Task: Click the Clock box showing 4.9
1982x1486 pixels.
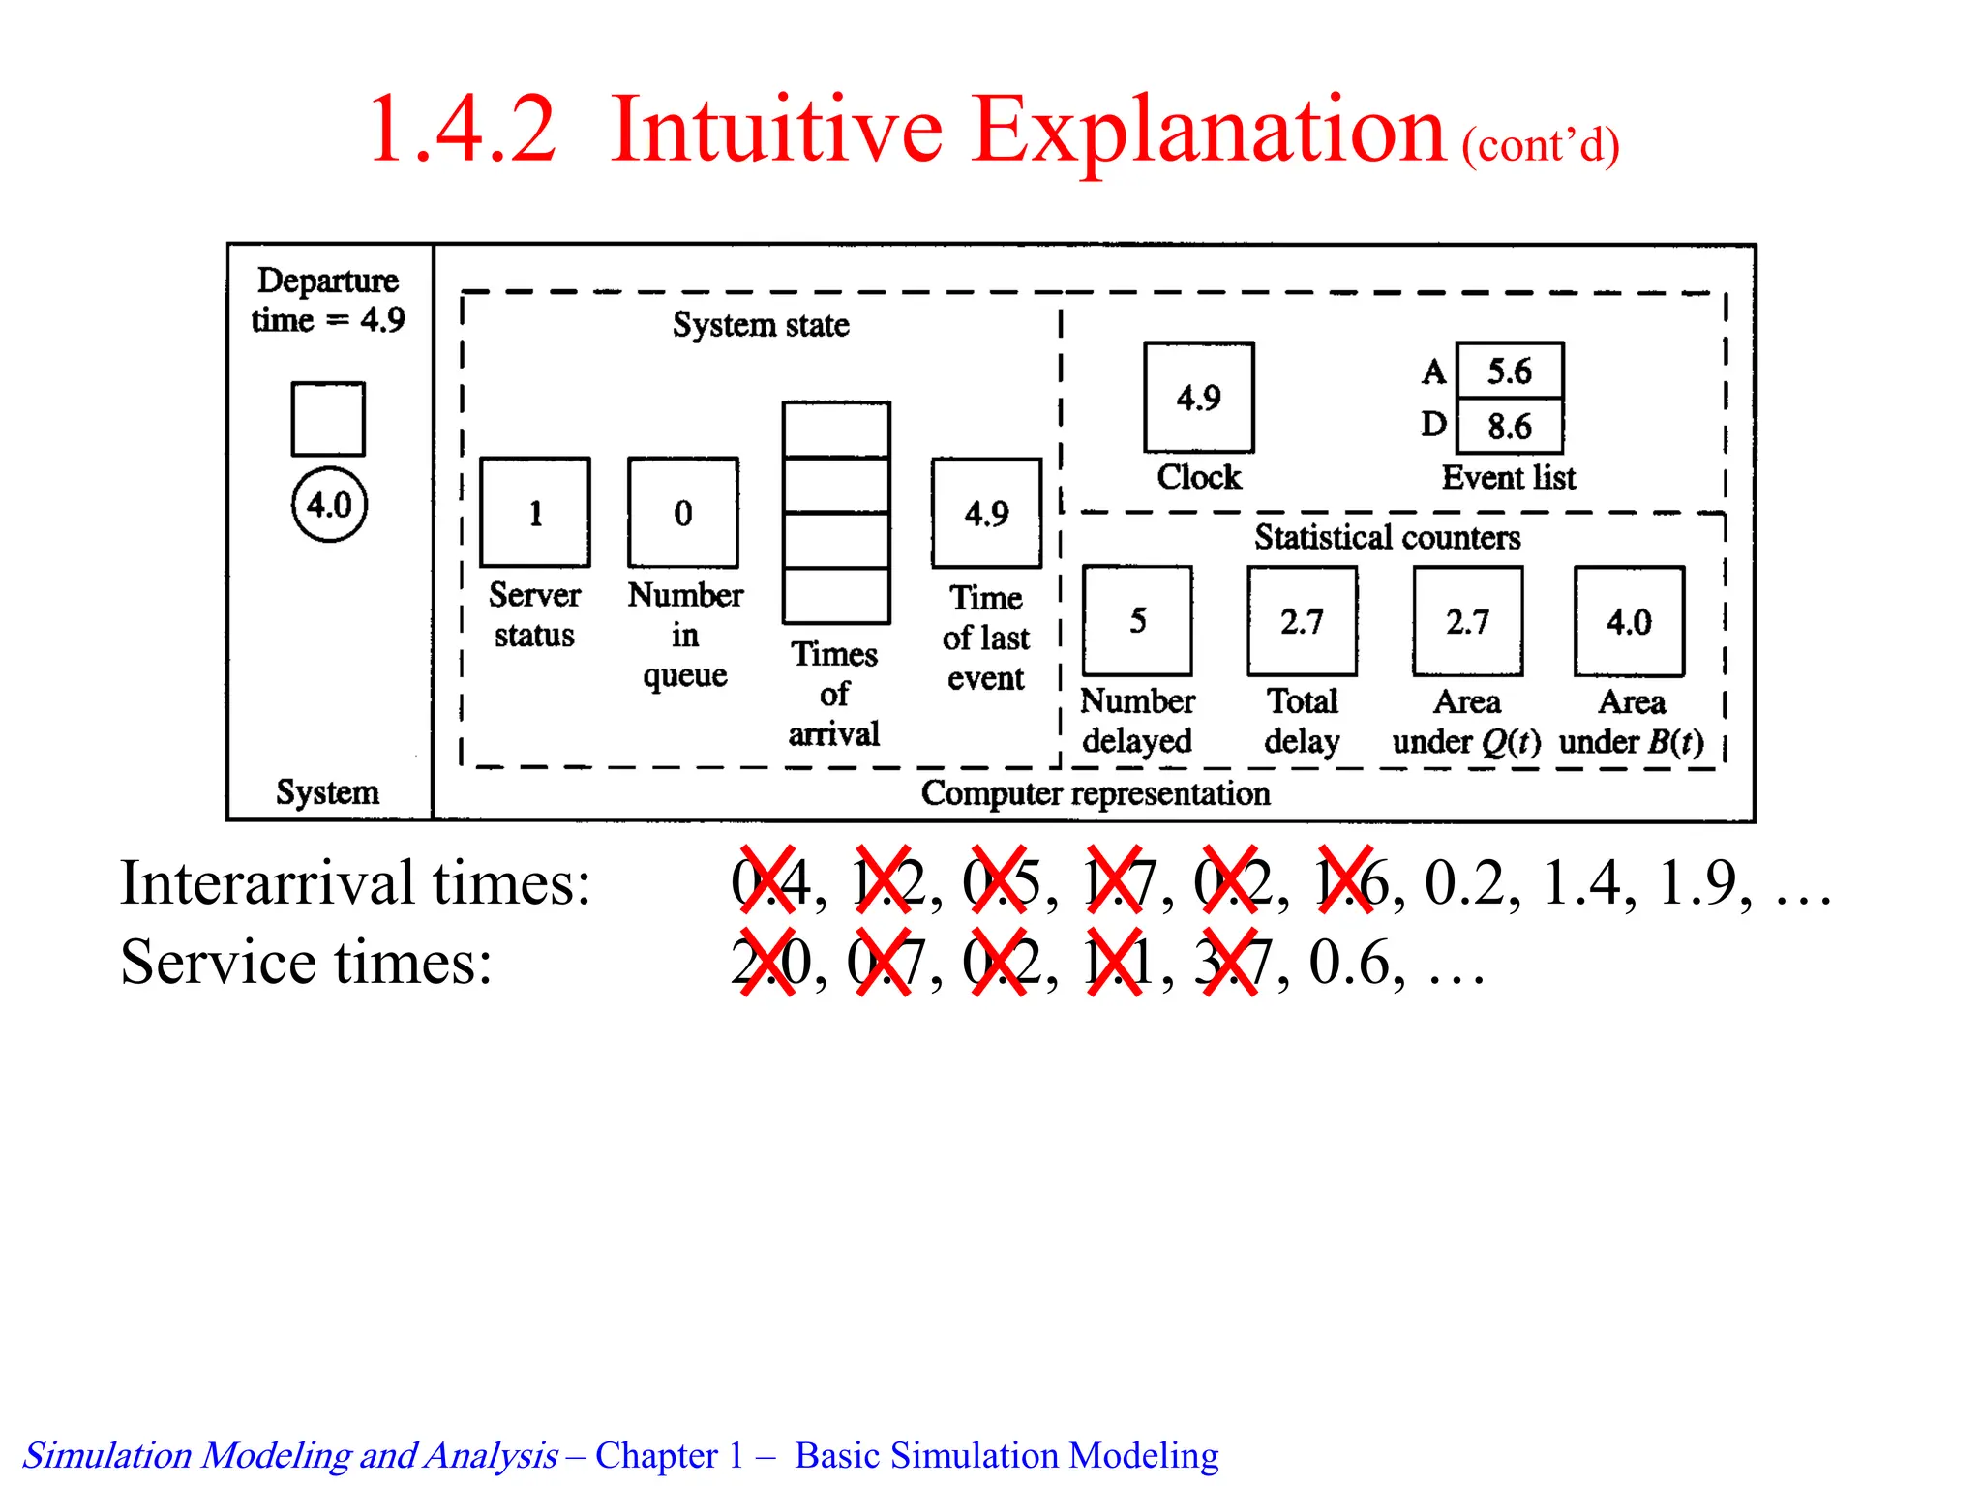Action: [x=1198, y=398]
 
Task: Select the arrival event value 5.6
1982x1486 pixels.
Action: [x=1509, y=371]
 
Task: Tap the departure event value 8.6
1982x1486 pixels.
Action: [x=1509, y=426]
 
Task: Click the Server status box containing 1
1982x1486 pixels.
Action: [x=535, y=513]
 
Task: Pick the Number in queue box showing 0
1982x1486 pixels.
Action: [x=683, y=513]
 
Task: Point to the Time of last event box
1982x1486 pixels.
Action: [x=986, y=513]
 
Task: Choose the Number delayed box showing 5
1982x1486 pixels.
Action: [x=1137, y=621]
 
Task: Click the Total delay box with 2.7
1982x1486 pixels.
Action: [x=1302, y=621]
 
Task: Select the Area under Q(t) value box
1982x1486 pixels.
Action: [x=1467, y=621]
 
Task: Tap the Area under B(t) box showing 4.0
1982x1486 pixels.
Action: [x=1629, y=621]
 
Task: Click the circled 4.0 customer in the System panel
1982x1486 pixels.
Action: [x=329, y=504]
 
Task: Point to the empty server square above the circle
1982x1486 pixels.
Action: [x=328, y=419]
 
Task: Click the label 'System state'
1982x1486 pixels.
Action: [x=761, y=325]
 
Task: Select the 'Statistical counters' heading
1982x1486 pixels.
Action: [x=1387, y=537]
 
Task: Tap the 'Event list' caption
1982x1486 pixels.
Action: [x=1508, y=478]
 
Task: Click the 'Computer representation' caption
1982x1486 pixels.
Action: [x=1095, y=793]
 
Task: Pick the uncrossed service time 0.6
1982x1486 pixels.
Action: [x=1350, y=964]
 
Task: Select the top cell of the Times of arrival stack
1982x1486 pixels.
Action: [x=836, y=430]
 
